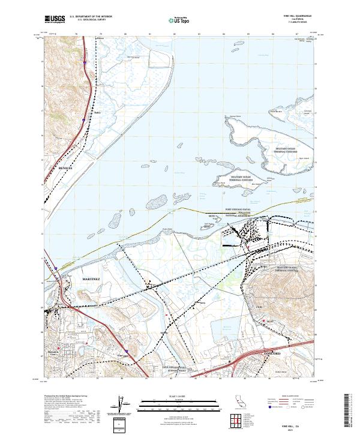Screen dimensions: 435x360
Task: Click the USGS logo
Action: (x=55, y=19)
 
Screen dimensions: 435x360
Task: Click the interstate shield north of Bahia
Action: (x=85, y=62)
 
